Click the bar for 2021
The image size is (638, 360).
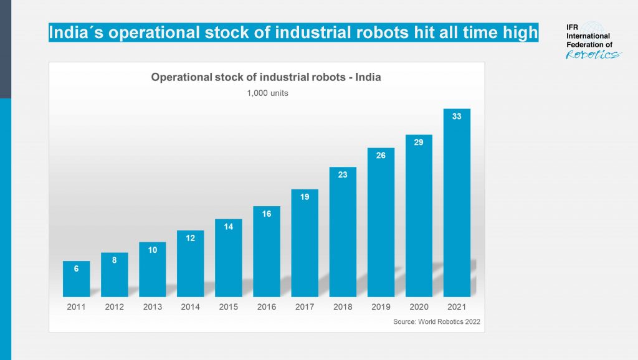(457, 203)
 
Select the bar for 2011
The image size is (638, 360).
(76, 279)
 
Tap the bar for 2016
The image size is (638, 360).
(267, 252)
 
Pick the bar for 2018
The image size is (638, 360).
(343, 232)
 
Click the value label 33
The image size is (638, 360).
(457, 116)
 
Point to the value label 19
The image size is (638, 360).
(305, 197)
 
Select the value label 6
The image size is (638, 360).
(76, 268)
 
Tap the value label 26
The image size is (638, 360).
(381, 156)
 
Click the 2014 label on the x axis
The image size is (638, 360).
(191, 307)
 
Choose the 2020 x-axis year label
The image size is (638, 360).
(419, 307)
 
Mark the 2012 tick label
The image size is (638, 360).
(115, 307)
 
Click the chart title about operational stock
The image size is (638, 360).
(266, 78)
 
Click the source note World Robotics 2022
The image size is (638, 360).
(437, 322)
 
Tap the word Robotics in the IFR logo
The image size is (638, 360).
(593, 55)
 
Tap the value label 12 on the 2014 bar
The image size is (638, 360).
(191, 237)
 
